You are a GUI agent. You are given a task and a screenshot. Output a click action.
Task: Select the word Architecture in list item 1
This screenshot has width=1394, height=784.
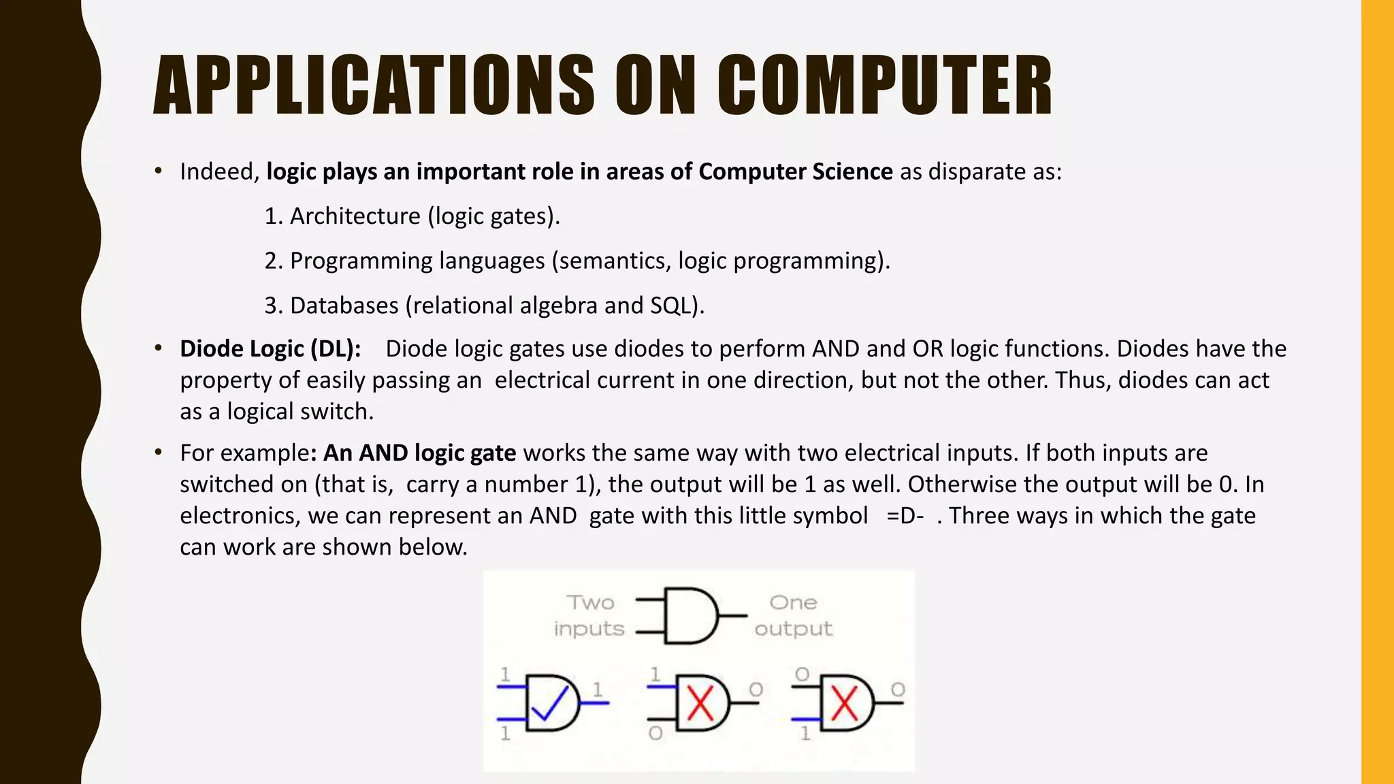[x=355, y=216]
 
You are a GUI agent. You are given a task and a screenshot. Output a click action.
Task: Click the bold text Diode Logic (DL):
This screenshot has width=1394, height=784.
[x=270, y=349]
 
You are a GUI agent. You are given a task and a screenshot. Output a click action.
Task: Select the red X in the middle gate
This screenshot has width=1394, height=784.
[x=700, y=704]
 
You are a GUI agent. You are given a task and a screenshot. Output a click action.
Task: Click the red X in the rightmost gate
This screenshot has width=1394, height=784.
[x=844, y=704]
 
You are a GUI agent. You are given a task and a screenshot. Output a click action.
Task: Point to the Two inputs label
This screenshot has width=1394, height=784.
[x=589, y=615]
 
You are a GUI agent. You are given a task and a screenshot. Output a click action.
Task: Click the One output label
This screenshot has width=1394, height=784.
[x=793, y=615]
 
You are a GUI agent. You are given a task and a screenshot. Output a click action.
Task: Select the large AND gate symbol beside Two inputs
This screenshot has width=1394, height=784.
[x=690, y=616]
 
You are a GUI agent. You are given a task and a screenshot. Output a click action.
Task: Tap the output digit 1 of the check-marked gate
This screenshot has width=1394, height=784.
[x=597, y=689]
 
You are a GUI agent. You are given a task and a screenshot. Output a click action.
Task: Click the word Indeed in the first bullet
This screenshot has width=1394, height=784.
[x=217, y=172]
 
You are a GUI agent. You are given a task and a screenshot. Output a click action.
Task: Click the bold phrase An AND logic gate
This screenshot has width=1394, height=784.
[x=419, y=453]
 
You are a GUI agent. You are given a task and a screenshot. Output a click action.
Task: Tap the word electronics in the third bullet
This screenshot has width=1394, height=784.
[x=239, y=516]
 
